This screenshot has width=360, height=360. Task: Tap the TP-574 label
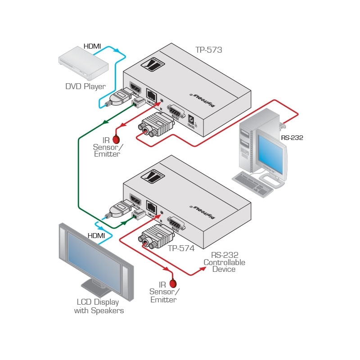(x=181, y=248)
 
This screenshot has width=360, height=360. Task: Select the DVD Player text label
(x=85, y=86)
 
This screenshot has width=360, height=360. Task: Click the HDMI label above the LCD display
(x=96, y=235)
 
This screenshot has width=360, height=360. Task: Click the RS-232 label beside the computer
(x=292, y=138)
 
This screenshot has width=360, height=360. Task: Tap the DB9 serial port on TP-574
(x=176, y=222)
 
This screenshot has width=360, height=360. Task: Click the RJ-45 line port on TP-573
(x=152, y=96)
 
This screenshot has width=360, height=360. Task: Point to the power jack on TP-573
(x=192, y=120)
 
